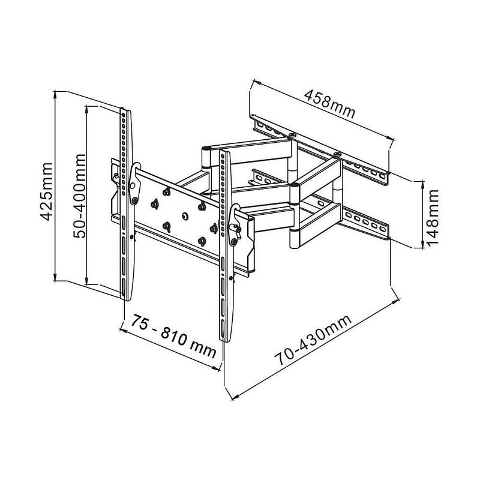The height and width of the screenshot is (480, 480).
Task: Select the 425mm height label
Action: (47, 187)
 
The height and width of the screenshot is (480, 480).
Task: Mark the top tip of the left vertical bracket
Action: (124, 110)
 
